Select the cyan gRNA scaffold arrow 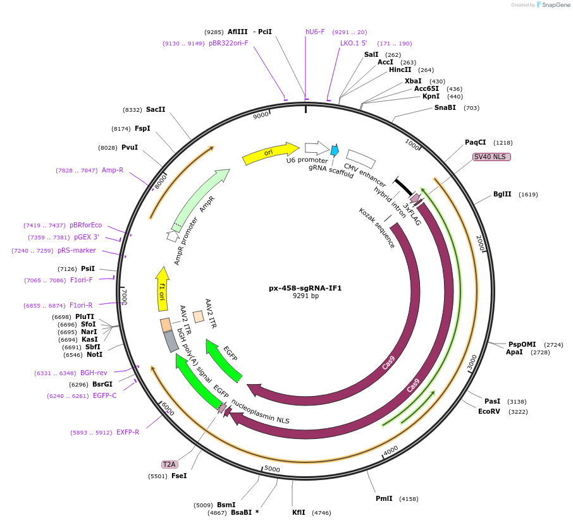pos(335,150)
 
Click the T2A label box pos(169,464)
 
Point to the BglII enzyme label pos(502,194)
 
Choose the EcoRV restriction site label pos(490,411)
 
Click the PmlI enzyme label pos(384,498)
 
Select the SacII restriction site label pos(156,109)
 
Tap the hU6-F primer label pos(315,32)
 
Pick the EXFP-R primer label pos(128,432)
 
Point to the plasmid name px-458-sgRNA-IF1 pos(305,288)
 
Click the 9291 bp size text pos(305,296)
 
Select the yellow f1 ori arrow pos(163,289)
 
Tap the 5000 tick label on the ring pos(272,469)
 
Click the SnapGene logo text pos(555,5)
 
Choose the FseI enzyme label pos(179,476)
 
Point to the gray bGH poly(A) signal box pos(171,341)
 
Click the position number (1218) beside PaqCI pos(503,143)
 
